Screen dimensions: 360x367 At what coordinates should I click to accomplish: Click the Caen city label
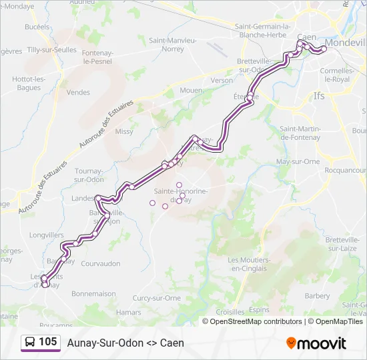point(306,37)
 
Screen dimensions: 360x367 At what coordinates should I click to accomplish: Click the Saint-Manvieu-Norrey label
point(172,44)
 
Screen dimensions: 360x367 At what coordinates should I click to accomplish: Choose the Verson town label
point(222,80)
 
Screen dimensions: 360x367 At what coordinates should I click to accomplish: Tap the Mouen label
point(191,89)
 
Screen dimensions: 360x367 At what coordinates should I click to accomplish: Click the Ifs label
point(319,96)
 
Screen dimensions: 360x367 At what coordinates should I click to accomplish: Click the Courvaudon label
point(99,263)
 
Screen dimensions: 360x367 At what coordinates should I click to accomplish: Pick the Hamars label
point(128,311)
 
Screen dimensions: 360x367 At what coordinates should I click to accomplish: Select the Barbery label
point(317,295)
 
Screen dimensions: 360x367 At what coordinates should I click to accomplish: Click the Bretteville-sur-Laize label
point(344,243)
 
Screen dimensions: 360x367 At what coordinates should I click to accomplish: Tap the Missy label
point(124,131)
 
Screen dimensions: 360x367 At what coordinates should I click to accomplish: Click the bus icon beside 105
point(30,343)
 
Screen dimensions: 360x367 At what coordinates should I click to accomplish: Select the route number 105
point(47,342)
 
